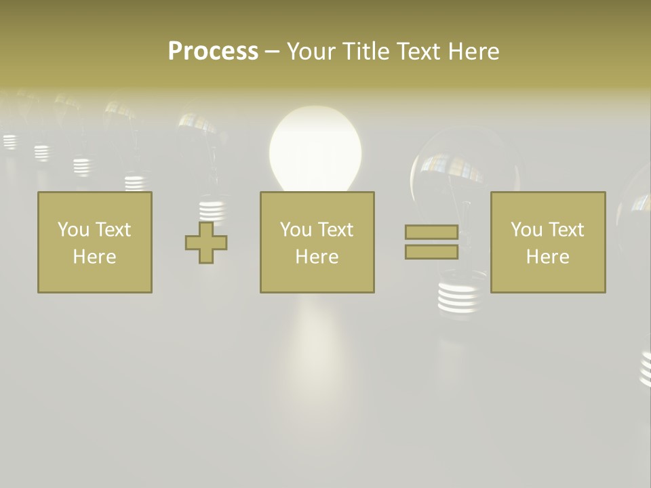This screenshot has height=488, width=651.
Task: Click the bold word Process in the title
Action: [x=213, y=52]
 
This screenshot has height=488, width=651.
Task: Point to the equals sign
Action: [x=431, y=242]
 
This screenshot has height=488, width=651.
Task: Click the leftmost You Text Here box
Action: [x=95, y=243]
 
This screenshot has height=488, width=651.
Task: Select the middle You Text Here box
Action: [x=317, y=243]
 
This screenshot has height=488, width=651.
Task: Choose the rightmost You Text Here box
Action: [x=548, y=243]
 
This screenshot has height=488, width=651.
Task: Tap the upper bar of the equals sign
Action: [x=431, y=232]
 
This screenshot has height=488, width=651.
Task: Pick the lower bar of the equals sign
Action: [x=431, y=252]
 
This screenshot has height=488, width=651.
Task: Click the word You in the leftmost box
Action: [x=73, y=230]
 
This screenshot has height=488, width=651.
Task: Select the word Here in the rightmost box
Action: [x=548, y=257]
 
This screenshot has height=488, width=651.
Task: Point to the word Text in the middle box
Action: [x=335, y=230]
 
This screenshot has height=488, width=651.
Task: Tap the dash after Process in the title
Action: [x=272, y=52]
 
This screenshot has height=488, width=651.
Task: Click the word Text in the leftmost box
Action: [x=113, y=230]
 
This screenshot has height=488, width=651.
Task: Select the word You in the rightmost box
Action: [x=526, y=230]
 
